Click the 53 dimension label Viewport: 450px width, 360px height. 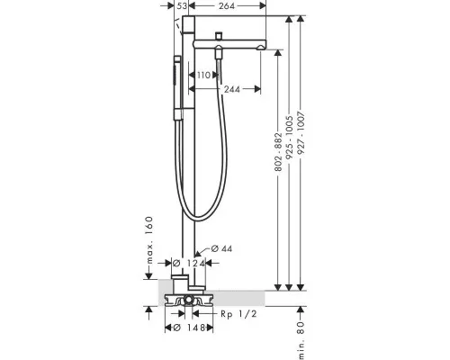pos(182,5)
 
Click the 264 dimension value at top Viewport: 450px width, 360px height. pos(227,5)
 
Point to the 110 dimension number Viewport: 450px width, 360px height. pos(203,75)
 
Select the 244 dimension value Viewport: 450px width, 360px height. pos(232,89)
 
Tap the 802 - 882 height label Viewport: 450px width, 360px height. pos(279,152)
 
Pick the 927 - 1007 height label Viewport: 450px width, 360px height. pos(301,133)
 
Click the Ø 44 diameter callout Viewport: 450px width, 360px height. pos(221,248)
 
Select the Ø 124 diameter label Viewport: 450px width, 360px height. pos(189,264)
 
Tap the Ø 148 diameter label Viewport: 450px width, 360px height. pos(189,328)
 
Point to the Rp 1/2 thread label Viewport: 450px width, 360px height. pos(238,314)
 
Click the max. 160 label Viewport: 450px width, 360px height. pos(149,240)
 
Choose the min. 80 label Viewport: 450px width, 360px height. pos(301,340)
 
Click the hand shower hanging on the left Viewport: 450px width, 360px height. pos(177,88)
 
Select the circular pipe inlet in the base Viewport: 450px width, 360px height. pos(189,299)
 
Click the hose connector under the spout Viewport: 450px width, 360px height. pos(220,52)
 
